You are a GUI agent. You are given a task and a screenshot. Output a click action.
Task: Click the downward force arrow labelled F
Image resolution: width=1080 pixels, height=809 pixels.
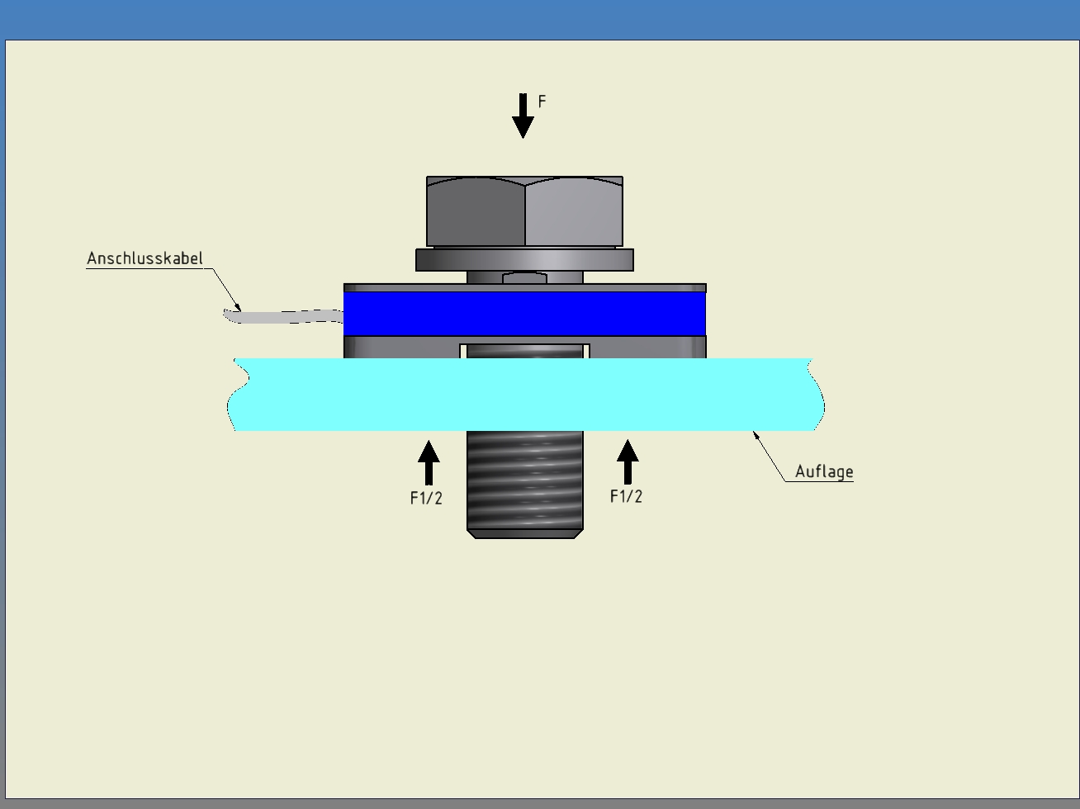523,116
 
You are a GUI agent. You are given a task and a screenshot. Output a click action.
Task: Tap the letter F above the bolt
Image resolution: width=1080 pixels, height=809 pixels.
542,102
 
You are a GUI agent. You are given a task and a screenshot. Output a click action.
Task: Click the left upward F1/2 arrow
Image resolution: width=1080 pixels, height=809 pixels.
429,462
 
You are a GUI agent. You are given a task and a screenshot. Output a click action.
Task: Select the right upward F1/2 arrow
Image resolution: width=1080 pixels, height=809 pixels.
628,461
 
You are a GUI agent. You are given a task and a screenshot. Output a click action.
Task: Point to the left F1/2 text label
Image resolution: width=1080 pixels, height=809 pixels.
426,498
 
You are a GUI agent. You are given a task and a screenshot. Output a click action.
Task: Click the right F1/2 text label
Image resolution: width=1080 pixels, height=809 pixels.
626,496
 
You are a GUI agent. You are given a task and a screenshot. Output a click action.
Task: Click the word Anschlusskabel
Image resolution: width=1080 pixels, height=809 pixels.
144,258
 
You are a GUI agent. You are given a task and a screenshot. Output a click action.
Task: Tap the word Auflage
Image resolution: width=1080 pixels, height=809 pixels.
823,471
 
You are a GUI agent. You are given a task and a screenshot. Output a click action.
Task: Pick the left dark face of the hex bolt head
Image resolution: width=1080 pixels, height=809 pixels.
476,213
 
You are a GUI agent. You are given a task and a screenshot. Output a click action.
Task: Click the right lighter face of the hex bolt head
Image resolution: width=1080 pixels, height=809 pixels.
573,213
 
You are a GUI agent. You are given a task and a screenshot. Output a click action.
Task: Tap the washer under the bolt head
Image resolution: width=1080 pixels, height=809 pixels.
524,260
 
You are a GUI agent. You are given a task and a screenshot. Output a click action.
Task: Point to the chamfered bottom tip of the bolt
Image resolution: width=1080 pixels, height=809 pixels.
524,534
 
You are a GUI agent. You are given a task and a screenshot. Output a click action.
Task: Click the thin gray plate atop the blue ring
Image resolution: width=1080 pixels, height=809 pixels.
524,288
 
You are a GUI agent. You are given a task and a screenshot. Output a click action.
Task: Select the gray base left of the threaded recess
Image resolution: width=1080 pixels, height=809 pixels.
401,348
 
